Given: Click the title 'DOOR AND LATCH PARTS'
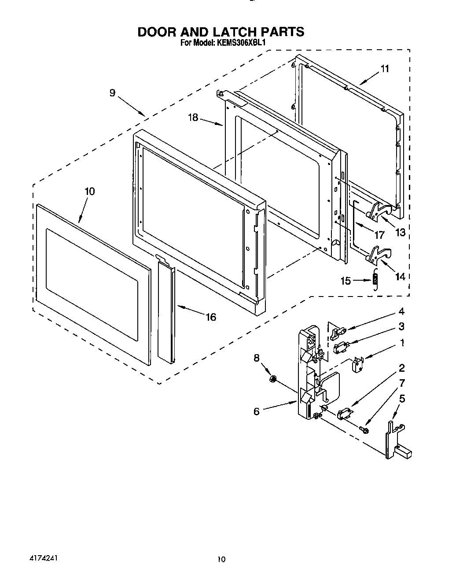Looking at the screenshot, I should tap(221, 32).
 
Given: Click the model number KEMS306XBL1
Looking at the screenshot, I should tap(241, 43).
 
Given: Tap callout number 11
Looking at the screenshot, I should tap(384, 69).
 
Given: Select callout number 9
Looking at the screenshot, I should tap(113, 93).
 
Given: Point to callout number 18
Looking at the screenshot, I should tap(193, 117).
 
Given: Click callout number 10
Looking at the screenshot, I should tap(89, 191).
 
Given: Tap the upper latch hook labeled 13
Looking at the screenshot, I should tap(378, 210).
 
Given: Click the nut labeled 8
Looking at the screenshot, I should tap(273, 378).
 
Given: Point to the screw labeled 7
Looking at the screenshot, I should tap(364, 428).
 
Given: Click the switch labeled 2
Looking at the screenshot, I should tap(344, 414).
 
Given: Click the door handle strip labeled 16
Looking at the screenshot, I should tap(165, 315).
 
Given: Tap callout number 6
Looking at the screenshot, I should tap(256, 411).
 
